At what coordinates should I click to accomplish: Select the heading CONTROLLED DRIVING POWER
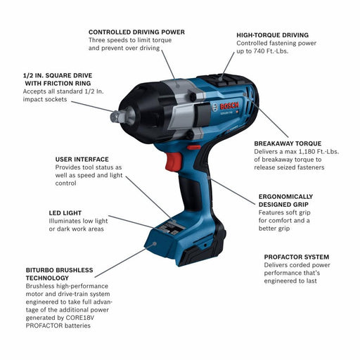[x=136, y=32]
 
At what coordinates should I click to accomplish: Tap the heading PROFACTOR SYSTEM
[x=296, y=257]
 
